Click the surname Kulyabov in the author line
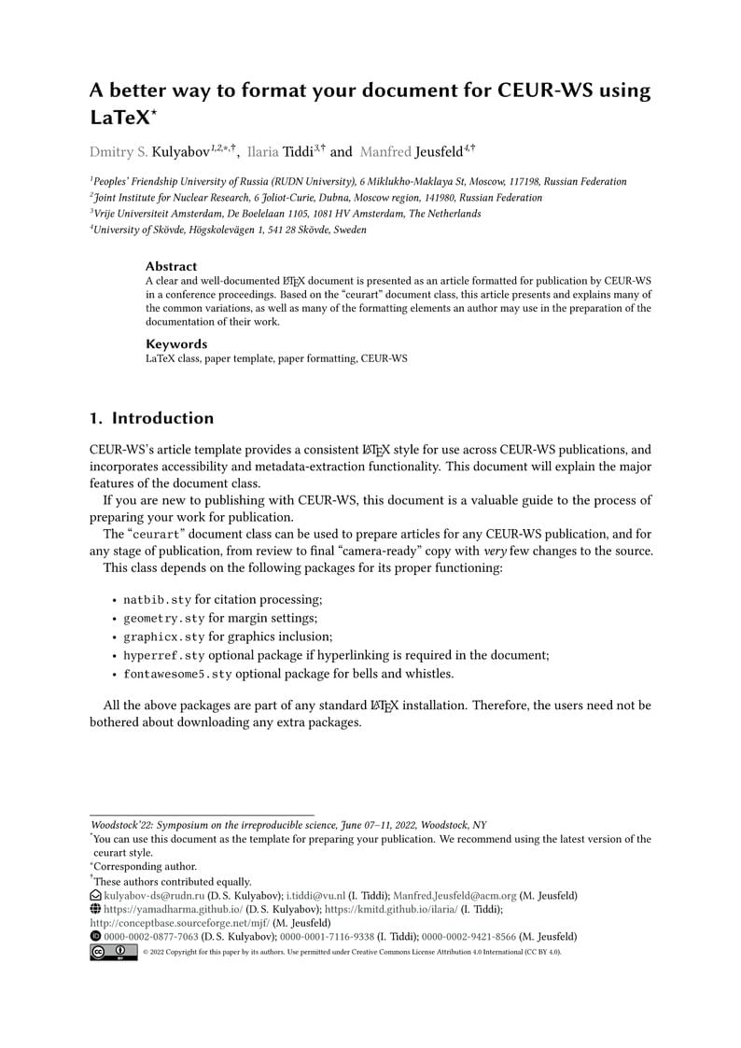pos(180,151)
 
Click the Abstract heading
pos(171,266)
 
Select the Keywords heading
pos(175,343)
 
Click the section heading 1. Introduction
pos(151,418)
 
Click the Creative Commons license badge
pos(113,952)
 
